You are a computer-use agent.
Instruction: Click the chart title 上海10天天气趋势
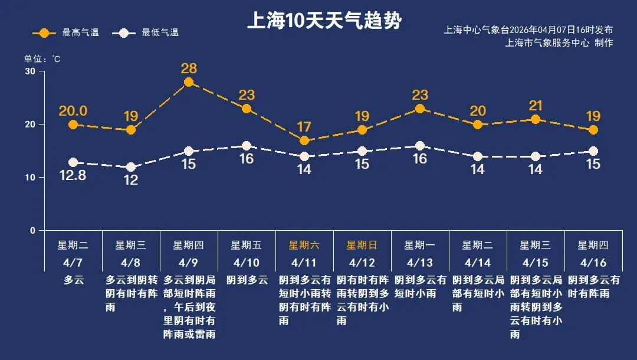click(x=324, y=21)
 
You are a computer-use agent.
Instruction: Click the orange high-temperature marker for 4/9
click(x=189, y=82)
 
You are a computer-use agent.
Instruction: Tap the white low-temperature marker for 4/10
click(x=247, y=146)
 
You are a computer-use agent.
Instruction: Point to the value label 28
click(x=189, y=68)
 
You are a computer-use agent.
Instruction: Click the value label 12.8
click(x=73, y=175)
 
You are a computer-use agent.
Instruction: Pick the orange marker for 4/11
click(x=304, y=140)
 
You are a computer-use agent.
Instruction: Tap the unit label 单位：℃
click(x=42, y=59)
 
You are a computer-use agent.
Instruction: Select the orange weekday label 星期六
click(x=304, y=245)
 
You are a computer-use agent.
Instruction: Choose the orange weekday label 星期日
click(x=362, y=245)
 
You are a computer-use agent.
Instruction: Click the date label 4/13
click(x=419, y=262)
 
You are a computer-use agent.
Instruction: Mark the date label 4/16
click(x=593, y=262)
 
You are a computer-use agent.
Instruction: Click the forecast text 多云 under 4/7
click(x=73, y=280)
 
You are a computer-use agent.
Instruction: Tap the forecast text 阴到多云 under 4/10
click(x=247, y=280)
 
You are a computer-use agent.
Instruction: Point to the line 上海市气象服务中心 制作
click(x=559, y=42)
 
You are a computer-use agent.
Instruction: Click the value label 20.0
click(x=73, y=111)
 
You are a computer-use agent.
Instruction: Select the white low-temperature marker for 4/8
click(x=131, y=167)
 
